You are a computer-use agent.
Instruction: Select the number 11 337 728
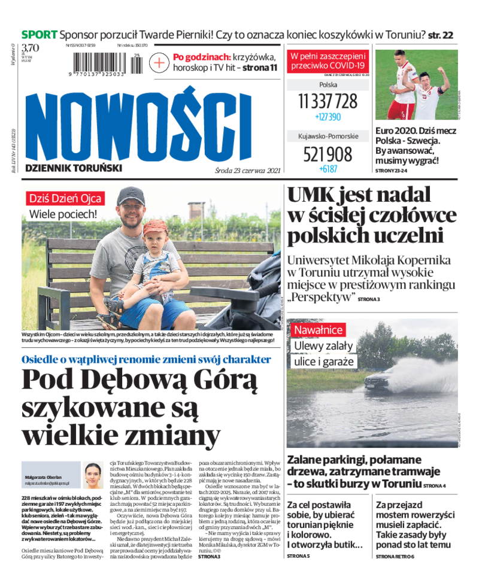[x=328, y=101]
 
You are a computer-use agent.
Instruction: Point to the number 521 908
[x=328, y=154]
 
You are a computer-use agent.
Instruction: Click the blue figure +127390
[x=328, y=117]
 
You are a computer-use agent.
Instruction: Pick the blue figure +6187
[x=328, y=169]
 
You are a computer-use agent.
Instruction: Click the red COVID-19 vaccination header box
[x=328, y=60]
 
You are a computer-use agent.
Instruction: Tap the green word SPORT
[x=40, y=34]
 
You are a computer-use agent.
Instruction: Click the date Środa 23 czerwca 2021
[x=247, y=170]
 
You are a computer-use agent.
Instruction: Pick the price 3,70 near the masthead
[x=30, y=48]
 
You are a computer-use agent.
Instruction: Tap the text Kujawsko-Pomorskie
[x=328, y=136]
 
